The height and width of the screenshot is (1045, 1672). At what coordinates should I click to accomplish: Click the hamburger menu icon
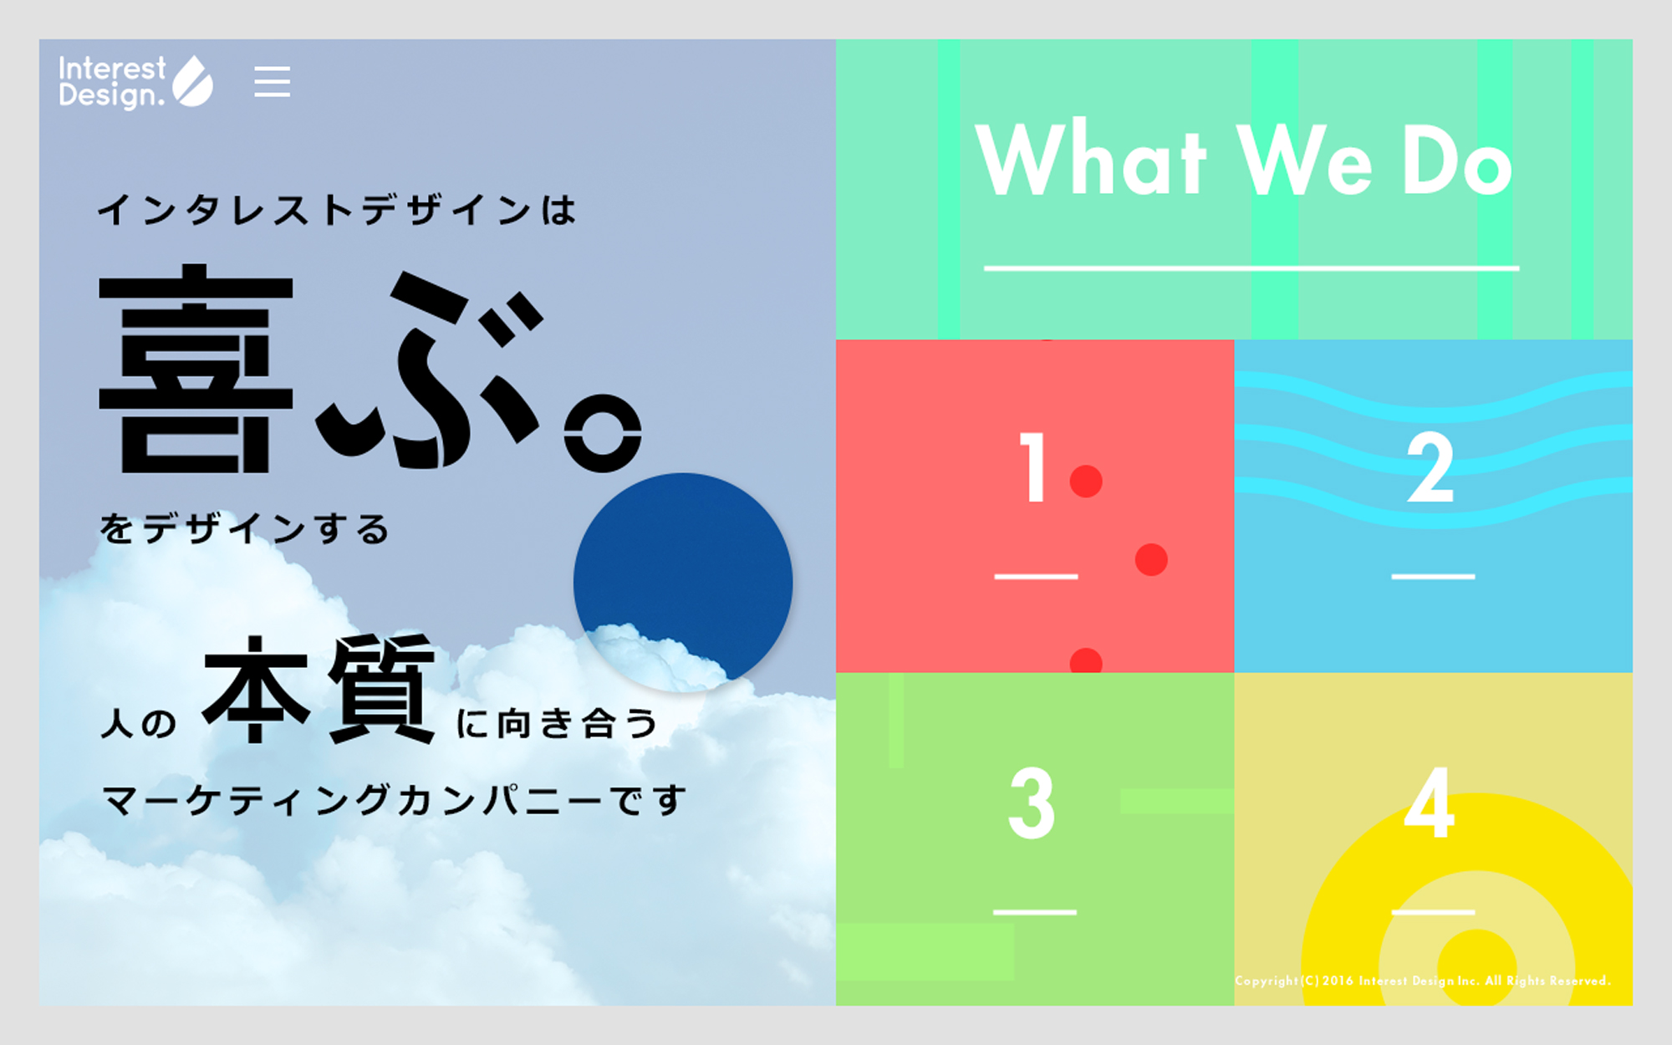(273, 81)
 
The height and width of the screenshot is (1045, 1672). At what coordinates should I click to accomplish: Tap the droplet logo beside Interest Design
(193, 81)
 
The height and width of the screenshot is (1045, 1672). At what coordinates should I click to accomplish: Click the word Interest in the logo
(112, 68)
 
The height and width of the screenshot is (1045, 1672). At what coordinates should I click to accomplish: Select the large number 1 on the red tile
(1033, 467)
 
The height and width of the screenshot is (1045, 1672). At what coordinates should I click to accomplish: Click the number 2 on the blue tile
(1431, 467)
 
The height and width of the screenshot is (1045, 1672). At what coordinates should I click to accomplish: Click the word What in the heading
(1092, 159)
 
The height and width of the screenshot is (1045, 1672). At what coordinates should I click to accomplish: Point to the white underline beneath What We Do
(1251, 268)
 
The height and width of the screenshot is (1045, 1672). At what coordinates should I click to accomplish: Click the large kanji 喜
(196, 369)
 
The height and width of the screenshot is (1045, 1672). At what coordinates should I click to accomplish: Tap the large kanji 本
(256, 690)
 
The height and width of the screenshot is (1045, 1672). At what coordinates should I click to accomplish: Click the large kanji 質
(381, 689)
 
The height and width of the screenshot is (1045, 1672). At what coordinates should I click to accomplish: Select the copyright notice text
(1423, 981)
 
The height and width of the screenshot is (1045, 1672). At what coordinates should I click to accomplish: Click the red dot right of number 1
(1086, 482)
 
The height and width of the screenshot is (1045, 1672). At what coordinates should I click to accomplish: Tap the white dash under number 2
(1433, 577)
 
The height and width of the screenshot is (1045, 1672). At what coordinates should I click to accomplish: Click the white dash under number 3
(1035, 912)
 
